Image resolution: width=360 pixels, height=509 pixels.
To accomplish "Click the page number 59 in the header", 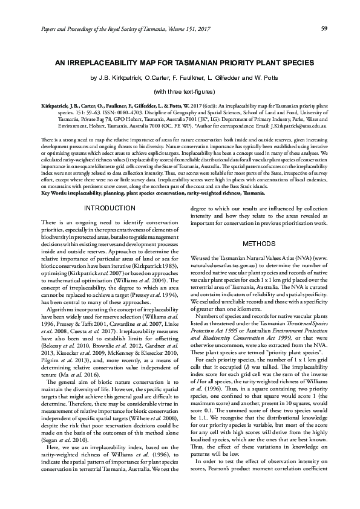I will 324,28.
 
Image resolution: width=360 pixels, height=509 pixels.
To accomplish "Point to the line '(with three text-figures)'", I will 180,91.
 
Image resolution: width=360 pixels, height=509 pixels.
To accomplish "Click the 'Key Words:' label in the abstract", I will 56,192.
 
